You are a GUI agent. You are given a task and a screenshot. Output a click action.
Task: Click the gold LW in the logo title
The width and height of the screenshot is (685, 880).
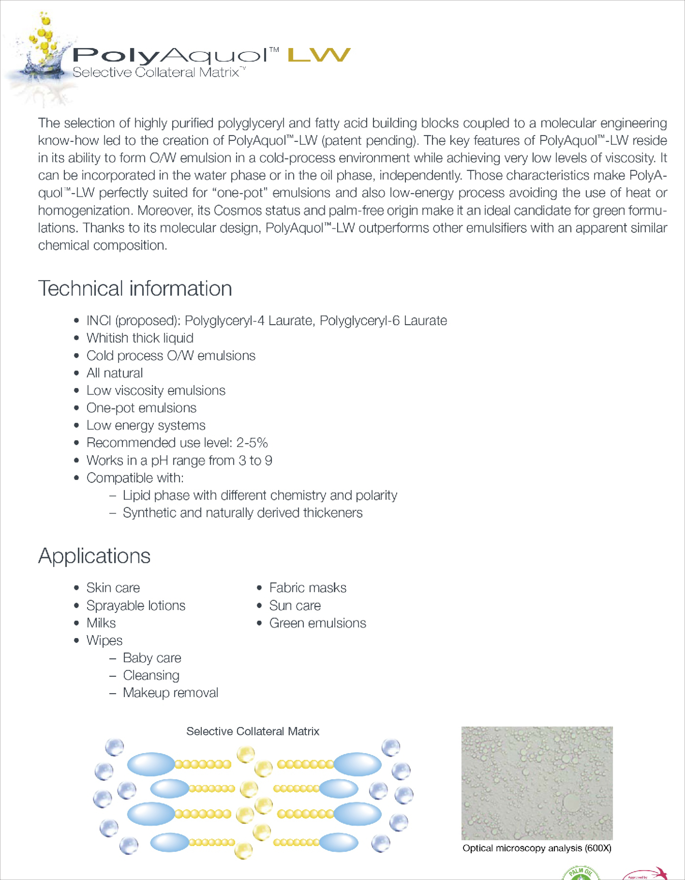319,55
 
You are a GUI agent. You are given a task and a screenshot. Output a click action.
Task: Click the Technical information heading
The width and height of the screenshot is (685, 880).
135,288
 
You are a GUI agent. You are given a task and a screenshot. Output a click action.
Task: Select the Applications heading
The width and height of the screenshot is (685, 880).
94,556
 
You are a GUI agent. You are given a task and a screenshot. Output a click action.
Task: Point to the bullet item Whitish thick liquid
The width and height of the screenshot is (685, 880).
140,338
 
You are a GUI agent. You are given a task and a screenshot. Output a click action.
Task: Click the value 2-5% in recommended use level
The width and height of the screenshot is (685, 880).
252,443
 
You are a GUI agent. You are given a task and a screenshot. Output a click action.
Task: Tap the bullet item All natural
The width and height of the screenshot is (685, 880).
115,373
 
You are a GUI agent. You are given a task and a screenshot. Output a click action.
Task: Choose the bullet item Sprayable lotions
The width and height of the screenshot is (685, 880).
136,605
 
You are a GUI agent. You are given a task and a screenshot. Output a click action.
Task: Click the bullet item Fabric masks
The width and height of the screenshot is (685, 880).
307,588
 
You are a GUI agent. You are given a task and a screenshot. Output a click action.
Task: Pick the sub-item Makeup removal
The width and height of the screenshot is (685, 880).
170,693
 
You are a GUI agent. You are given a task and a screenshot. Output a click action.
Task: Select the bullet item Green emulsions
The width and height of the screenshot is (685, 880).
317,623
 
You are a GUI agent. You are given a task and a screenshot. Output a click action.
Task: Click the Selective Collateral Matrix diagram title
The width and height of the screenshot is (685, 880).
253,731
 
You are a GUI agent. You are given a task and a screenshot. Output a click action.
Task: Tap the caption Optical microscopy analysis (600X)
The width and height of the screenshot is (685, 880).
537,848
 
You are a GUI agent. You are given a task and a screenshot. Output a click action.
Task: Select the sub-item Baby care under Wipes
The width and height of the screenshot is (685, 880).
152,658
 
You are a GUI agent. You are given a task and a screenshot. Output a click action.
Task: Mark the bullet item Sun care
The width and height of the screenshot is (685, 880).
295,605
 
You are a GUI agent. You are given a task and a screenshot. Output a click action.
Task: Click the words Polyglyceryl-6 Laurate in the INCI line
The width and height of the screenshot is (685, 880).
383,321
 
